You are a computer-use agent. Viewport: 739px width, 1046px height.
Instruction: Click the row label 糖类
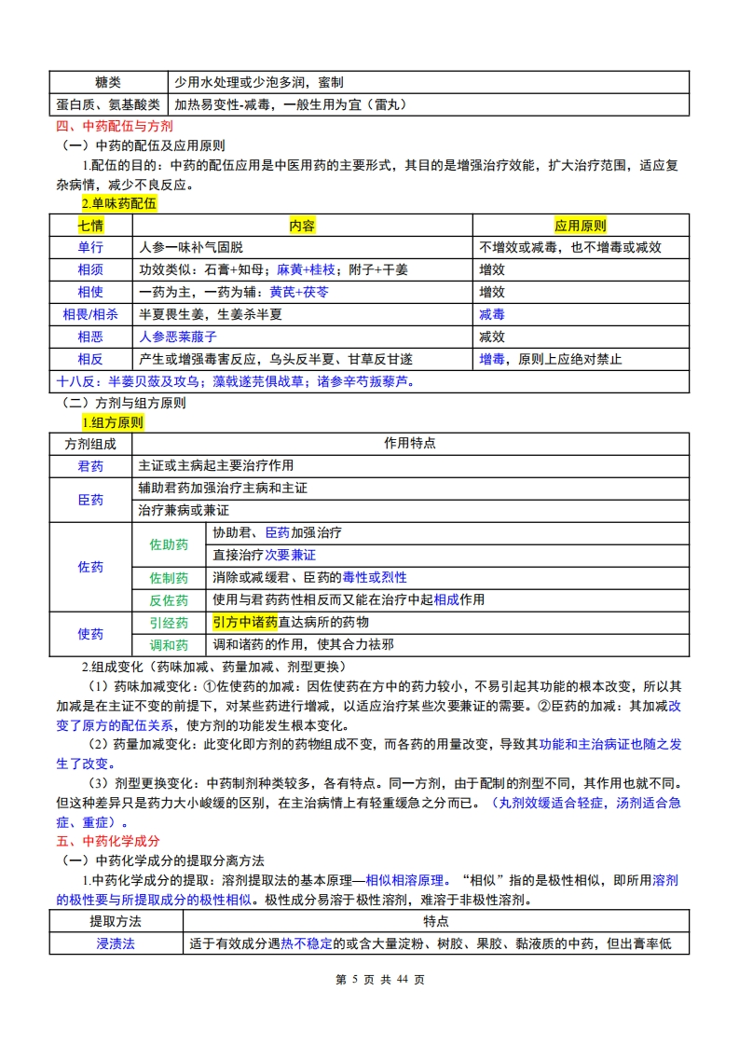click(x=108, y=83)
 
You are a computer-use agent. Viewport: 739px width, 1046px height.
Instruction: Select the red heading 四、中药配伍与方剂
click(x=114, y=126)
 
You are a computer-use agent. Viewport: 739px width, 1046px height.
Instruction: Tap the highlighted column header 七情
click(x=90, y=226)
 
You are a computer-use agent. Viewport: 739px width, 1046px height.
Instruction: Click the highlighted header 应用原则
click(x=580, y=226)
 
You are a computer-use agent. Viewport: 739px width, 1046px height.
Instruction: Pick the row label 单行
click(x=90, y=247)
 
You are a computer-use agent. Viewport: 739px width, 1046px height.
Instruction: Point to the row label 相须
click(x=90, y=269)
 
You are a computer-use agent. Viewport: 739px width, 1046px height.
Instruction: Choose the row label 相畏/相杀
click(x=90, y=314)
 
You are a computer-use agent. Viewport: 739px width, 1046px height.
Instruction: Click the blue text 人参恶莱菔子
click(x=178, y=337)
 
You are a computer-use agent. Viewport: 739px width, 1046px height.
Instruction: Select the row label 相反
click(x=90, y=359)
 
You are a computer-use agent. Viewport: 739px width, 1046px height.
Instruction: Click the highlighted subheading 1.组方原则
click(x=112, y=422)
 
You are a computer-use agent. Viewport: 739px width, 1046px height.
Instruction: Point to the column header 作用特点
click(x=410, y=444)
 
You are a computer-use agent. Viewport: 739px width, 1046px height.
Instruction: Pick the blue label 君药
click(x=90, y=466)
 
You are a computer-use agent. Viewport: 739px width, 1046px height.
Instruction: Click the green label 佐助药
click(x=169, y=544)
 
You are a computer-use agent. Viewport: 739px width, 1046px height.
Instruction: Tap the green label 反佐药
click(x=169, y=600)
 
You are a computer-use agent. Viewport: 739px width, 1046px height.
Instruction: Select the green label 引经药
click(x=169, y=623)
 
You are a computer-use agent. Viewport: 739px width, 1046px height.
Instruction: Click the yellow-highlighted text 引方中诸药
click(x=245, y=622)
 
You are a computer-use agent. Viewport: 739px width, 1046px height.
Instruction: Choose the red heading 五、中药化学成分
click(x=107, y=840)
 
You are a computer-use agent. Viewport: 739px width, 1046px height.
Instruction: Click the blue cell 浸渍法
click(x=116, y=943)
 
